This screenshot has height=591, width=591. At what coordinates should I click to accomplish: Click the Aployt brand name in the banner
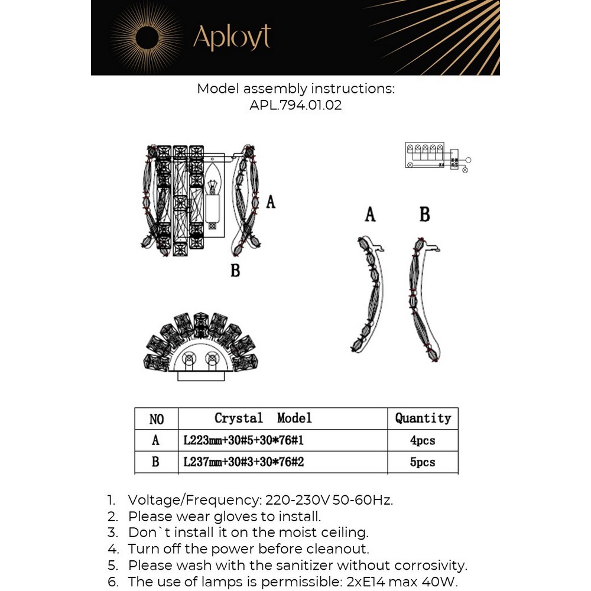click(x=232, y=37)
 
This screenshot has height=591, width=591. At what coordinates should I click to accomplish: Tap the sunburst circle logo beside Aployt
click(x=147, y=37)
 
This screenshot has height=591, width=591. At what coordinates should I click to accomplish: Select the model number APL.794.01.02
click(x=295, y=106)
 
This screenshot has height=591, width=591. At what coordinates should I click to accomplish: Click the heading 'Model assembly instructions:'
click(x=295, y=89)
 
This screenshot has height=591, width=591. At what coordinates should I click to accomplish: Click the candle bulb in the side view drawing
click(x=213, y=194)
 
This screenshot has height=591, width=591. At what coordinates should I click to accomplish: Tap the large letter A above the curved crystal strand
click(x=370, y=214)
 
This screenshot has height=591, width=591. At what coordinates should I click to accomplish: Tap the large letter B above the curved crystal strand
click(x=424, y=214)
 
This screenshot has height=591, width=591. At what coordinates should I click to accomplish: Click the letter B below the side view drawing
click(x=235, y=271)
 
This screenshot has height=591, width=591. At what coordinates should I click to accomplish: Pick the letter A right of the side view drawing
click(x=271, y=202)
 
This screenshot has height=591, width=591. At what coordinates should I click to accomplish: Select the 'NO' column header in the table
click(x=156, y=419)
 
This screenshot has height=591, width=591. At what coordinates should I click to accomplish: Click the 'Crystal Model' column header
click(x=262, y=418)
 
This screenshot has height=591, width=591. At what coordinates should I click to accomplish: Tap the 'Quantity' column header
click(x=423, y=418)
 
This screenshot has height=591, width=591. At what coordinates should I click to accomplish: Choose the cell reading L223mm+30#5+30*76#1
click(x=243, y=441)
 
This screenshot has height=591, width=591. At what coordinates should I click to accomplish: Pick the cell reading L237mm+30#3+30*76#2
click(x=243, y=462)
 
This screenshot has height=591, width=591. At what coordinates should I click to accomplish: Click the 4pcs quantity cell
click(x=423, y=441)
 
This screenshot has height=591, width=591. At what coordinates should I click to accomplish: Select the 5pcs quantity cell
click(x=423, y=462)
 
